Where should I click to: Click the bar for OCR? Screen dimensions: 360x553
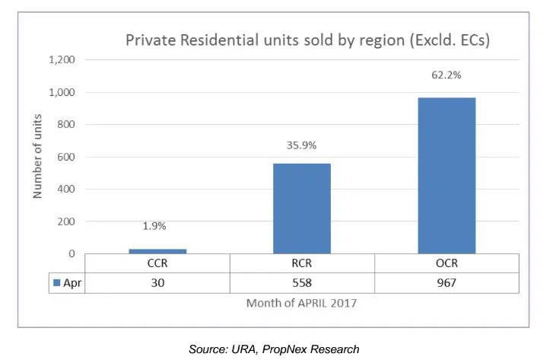447,176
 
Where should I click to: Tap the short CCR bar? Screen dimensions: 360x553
157,251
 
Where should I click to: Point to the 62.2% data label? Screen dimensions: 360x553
447,76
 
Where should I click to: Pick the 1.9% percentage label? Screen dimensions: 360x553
157,227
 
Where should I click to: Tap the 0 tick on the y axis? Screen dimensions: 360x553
72,254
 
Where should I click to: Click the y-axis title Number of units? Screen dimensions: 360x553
37,157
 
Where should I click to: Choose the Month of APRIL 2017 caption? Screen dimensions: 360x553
301,303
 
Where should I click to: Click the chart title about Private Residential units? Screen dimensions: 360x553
307,40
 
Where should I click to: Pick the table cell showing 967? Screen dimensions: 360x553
447,283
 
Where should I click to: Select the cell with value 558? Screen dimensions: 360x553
301,283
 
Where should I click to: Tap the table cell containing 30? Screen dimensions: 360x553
157,283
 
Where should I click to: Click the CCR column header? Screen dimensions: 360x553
157,263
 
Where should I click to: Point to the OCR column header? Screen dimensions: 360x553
447,263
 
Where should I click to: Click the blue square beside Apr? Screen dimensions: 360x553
56,283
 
